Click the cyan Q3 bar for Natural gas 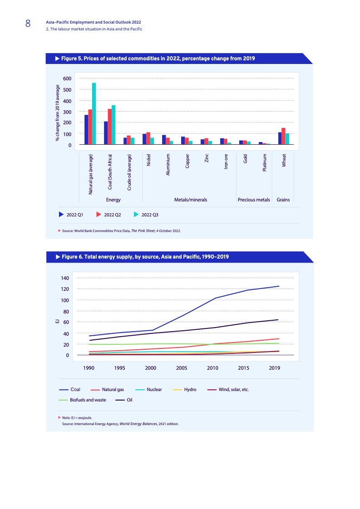[94, 113]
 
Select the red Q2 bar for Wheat [283, 136]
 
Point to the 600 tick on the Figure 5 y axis [67, 78]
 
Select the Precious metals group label [254, 200]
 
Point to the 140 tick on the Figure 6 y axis [64, 278]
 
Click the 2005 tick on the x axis [182, 368]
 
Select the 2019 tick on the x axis [274, 368]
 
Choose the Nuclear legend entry [154, 389]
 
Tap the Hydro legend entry [190, 389]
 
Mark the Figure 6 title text [145, 257]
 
